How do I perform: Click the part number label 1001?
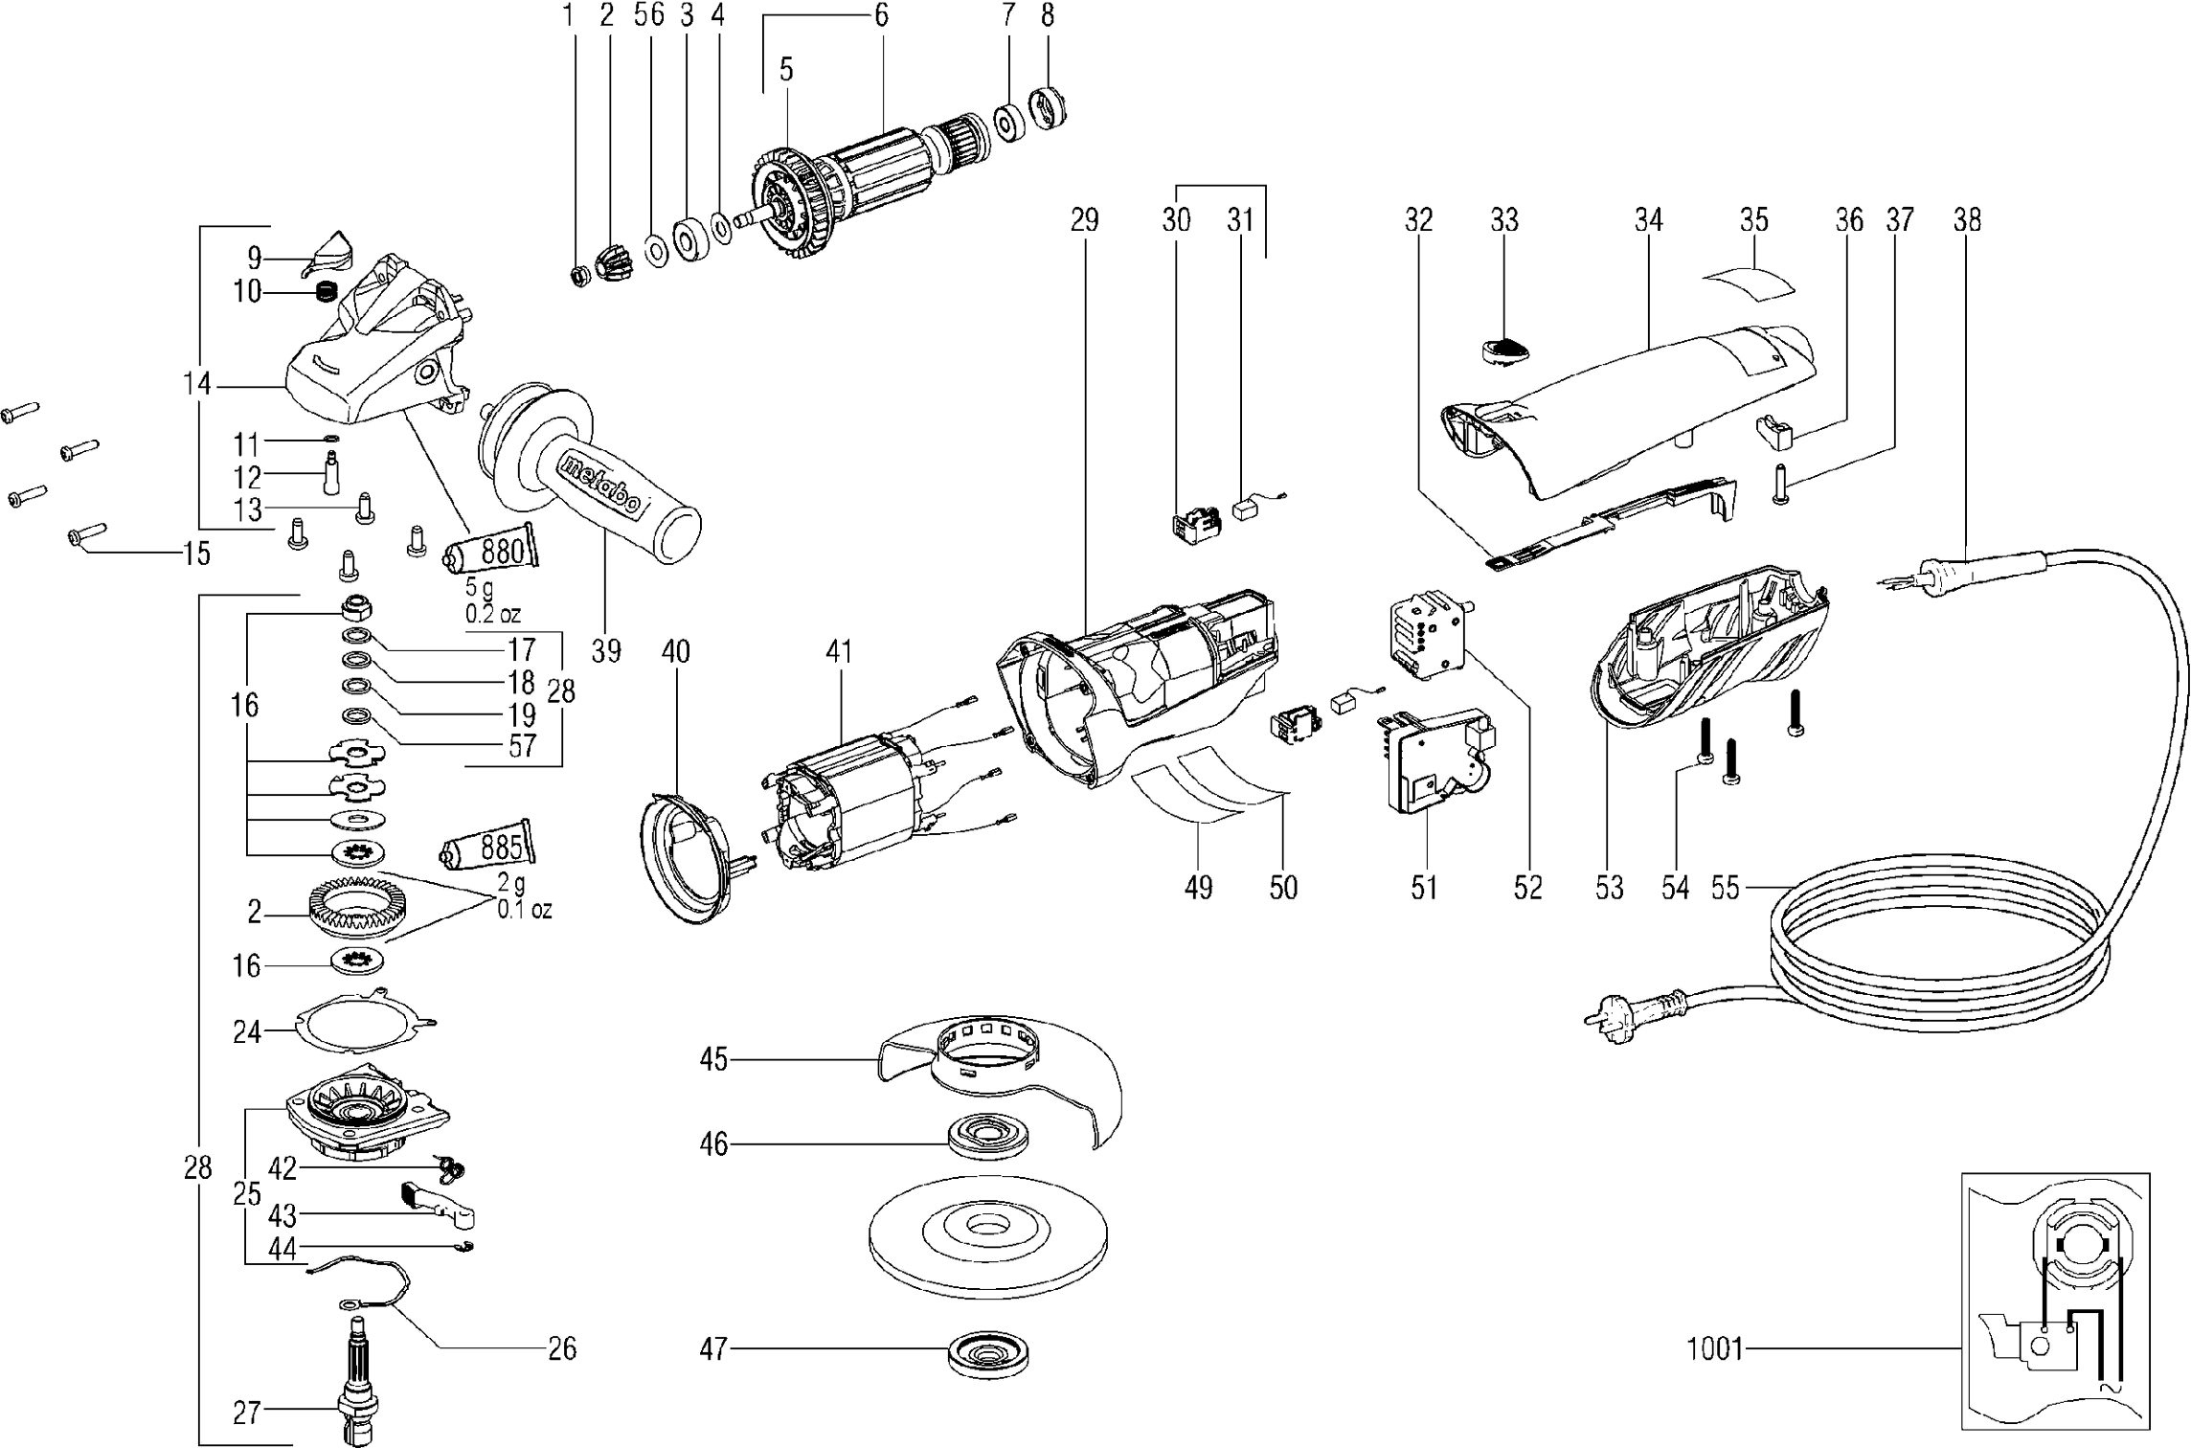[1715, 1350]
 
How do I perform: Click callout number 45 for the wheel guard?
[714, 1060]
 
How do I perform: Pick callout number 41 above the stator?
[839, 652]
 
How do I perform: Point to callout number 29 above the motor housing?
[1084, 220]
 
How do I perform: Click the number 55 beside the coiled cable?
[1725, 888]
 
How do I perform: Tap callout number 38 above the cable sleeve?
[1967, 220]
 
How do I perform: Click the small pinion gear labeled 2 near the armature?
[610, 264]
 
